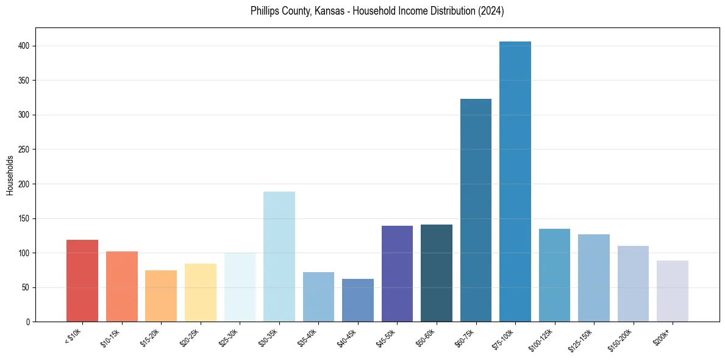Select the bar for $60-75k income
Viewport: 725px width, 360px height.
coord(476,210)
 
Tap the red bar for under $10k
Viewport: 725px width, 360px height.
coord(82,281)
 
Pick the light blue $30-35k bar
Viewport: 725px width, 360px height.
coord(279,256)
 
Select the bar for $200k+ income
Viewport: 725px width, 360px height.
coord(673,291)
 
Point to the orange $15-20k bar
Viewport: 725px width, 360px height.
coord(161,296)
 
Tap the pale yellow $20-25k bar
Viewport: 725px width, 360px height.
coord(201,292)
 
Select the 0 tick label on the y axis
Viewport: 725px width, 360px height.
coord(29,322)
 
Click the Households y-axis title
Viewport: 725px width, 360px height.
coord(10,175)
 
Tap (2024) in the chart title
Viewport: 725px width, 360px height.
coord(491,12)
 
